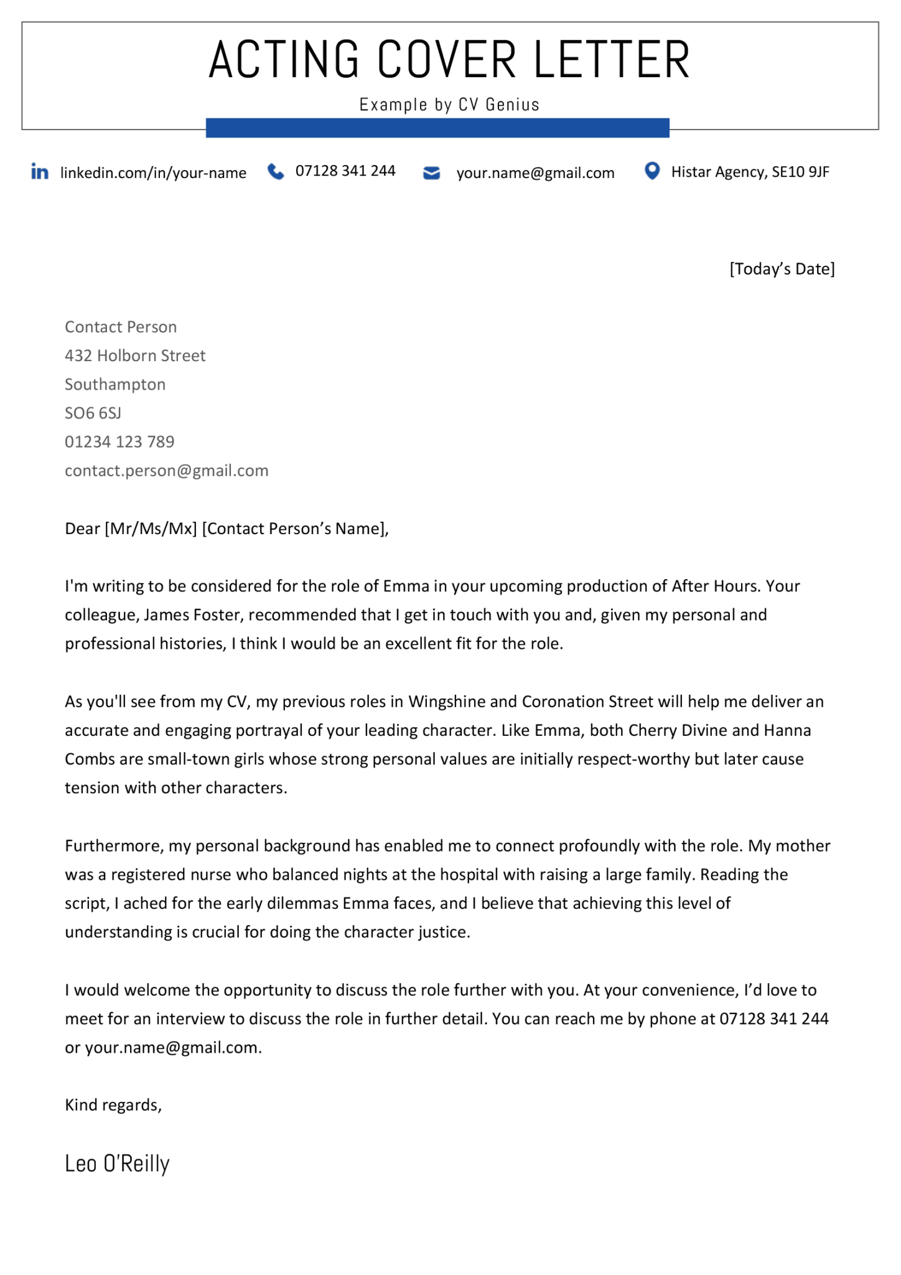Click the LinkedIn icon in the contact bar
click(40, 172)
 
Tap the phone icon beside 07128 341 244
click(275, 172)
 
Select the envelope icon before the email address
click(431, 173)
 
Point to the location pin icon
click(651, 171)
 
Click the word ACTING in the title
click(284, 60)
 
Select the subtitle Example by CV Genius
click(449, 105)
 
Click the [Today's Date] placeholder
click(782, 269)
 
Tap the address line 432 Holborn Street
click(135, 355)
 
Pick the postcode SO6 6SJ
click(93, 413)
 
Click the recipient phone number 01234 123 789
click(119, 441)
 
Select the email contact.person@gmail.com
click(167, 470)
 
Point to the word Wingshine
click(446, 702)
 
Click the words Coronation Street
click(587, 702)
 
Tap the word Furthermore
click(113, 845)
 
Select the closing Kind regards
click(113, 1104)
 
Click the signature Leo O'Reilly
click(117, 1163)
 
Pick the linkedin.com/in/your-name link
click(153, 173)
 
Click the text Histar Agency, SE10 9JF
click(750, 172)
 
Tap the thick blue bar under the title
click(437, 128)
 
